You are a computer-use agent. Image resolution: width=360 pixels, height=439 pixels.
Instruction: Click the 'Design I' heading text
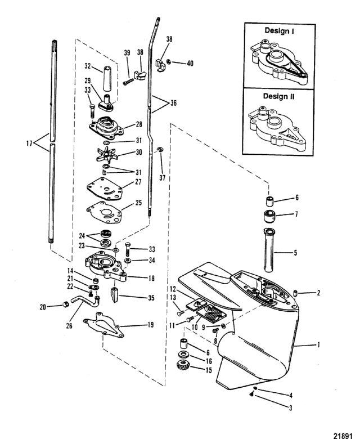coord(279,30)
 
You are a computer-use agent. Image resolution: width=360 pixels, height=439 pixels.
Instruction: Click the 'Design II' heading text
coord(278,96)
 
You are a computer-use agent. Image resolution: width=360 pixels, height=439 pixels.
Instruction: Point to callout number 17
coord(29,144)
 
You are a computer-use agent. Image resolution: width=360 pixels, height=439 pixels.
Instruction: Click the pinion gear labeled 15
coord(183,365)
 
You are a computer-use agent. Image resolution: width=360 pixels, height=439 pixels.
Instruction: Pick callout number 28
coord(138,124)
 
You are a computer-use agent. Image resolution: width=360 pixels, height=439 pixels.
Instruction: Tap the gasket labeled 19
coord(103,325)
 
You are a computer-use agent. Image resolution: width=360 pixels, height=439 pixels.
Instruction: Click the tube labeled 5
coord(269,250)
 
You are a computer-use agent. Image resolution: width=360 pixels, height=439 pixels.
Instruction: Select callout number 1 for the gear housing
coord(318,345)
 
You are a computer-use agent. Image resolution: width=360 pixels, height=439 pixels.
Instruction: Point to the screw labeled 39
coord(128,82)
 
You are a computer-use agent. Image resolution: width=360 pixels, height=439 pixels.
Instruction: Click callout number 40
coord(190,64)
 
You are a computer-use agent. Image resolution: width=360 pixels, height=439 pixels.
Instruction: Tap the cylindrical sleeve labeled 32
coord(107,78)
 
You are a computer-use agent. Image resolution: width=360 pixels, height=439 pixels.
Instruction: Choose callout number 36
coord(173,103)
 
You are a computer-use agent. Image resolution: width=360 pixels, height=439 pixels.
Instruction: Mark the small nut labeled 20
coord(65,304)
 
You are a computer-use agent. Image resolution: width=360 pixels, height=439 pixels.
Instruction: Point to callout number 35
coord(151,298)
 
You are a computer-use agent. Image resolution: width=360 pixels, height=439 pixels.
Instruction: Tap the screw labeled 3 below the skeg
coord(251,395)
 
